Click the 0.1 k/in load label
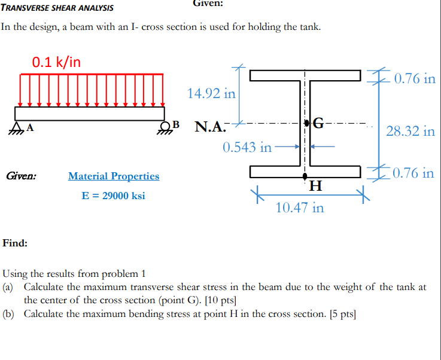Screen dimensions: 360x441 click(x=57, y=62)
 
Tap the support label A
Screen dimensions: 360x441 click(x=30, y=127)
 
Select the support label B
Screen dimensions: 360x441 click(x=176, y=124)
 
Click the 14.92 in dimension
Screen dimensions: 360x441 click(x=211, y=93)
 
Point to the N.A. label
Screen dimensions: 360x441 click(x=211, y=127)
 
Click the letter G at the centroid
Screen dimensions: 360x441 click(x=319, y=124)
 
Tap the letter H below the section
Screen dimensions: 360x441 click(x=317, y=187)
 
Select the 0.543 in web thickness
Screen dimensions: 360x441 click(x=247, y=147)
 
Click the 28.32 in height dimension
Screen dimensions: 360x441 click(x=410, y=132)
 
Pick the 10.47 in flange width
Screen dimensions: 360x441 click(x=300, y=208)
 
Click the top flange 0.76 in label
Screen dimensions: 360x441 click(x=411, y=79)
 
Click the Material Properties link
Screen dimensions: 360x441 click(x=114, y=176)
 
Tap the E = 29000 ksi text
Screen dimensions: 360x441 click(x=113, y=196)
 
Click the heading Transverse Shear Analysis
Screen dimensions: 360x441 click(x=57, y=8)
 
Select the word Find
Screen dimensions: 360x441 click(x=14, y=243)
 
